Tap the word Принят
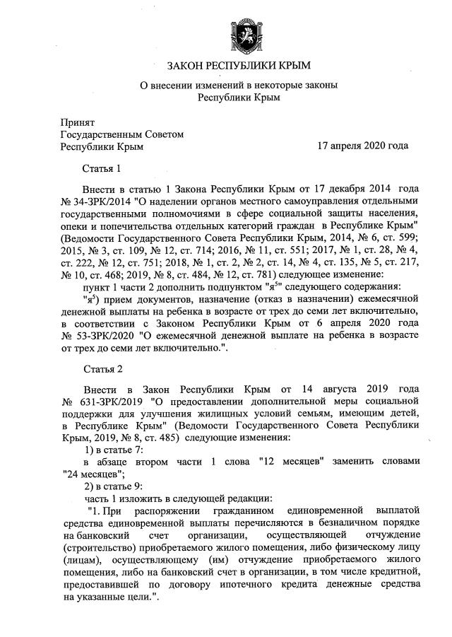point(78,121)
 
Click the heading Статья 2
point(103,369)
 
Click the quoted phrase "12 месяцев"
point(295,462)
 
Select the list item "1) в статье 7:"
point(114,450)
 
